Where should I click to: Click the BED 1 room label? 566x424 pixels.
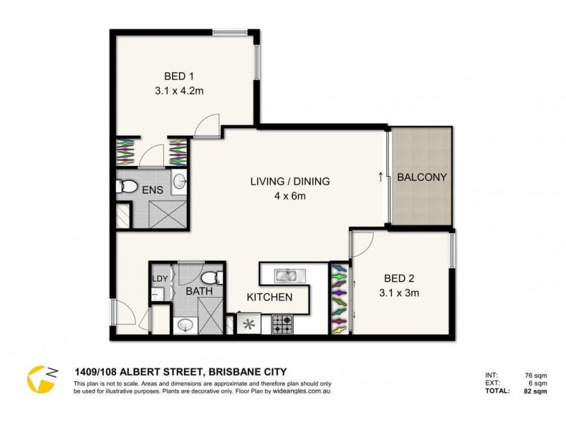179,76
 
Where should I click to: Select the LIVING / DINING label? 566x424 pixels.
290,182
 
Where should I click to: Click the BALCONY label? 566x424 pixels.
422,177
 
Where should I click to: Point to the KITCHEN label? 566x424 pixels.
270,298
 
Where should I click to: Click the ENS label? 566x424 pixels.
152,190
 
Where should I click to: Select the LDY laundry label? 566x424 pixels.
159,278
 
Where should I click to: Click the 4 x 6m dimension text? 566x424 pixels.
290,196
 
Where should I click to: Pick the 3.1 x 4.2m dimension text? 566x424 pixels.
179,91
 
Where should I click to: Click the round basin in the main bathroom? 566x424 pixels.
185,325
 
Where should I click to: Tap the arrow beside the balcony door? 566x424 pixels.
381,177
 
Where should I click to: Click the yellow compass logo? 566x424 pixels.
41,379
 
